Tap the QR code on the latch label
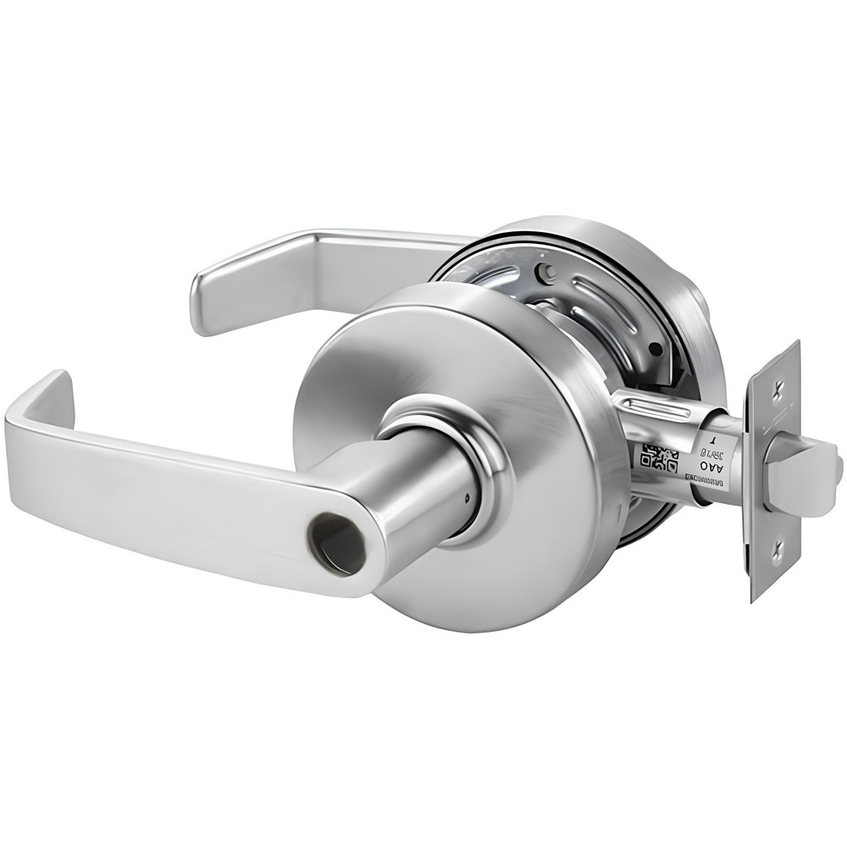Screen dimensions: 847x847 pos(660,459)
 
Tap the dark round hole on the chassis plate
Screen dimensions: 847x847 pos(654,347)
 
